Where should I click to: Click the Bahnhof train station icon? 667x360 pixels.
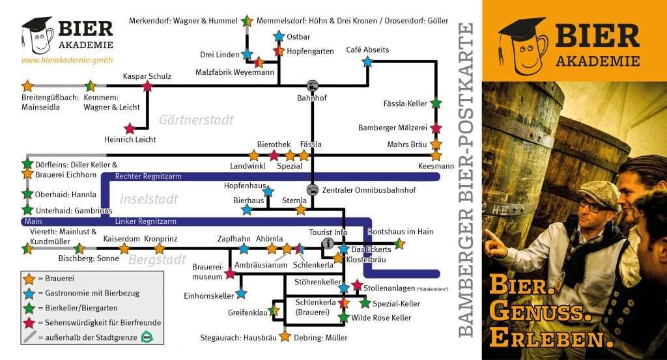coord(313,85)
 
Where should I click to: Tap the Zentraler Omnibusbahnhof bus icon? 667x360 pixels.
coord(313,190)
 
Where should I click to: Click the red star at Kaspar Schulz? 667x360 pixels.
coord(148,85)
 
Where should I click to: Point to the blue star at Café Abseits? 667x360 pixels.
coord(367,61)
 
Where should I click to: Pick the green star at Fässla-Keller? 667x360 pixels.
coord(436,104)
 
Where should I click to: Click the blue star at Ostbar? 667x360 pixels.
coord(279,36)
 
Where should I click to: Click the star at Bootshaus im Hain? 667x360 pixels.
coord(400,243)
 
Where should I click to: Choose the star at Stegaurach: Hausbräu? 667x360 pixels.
coord(285,337)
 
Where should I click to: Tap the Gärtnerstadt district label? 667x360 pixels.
coord(195,120)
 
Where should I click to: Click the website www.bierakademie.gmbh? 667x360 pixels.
coord(67,60)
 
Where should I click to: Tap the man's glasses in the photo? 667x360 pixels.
coord(592,206)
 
